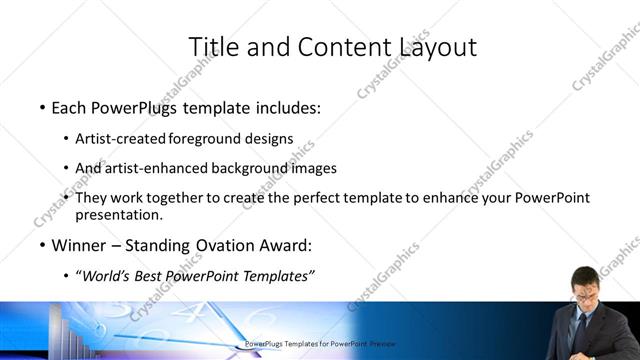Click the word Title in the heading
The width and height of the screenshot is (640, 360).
pos(212,46)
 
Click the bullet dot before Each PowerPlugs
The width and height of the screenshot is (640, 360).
pos(42,107)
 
